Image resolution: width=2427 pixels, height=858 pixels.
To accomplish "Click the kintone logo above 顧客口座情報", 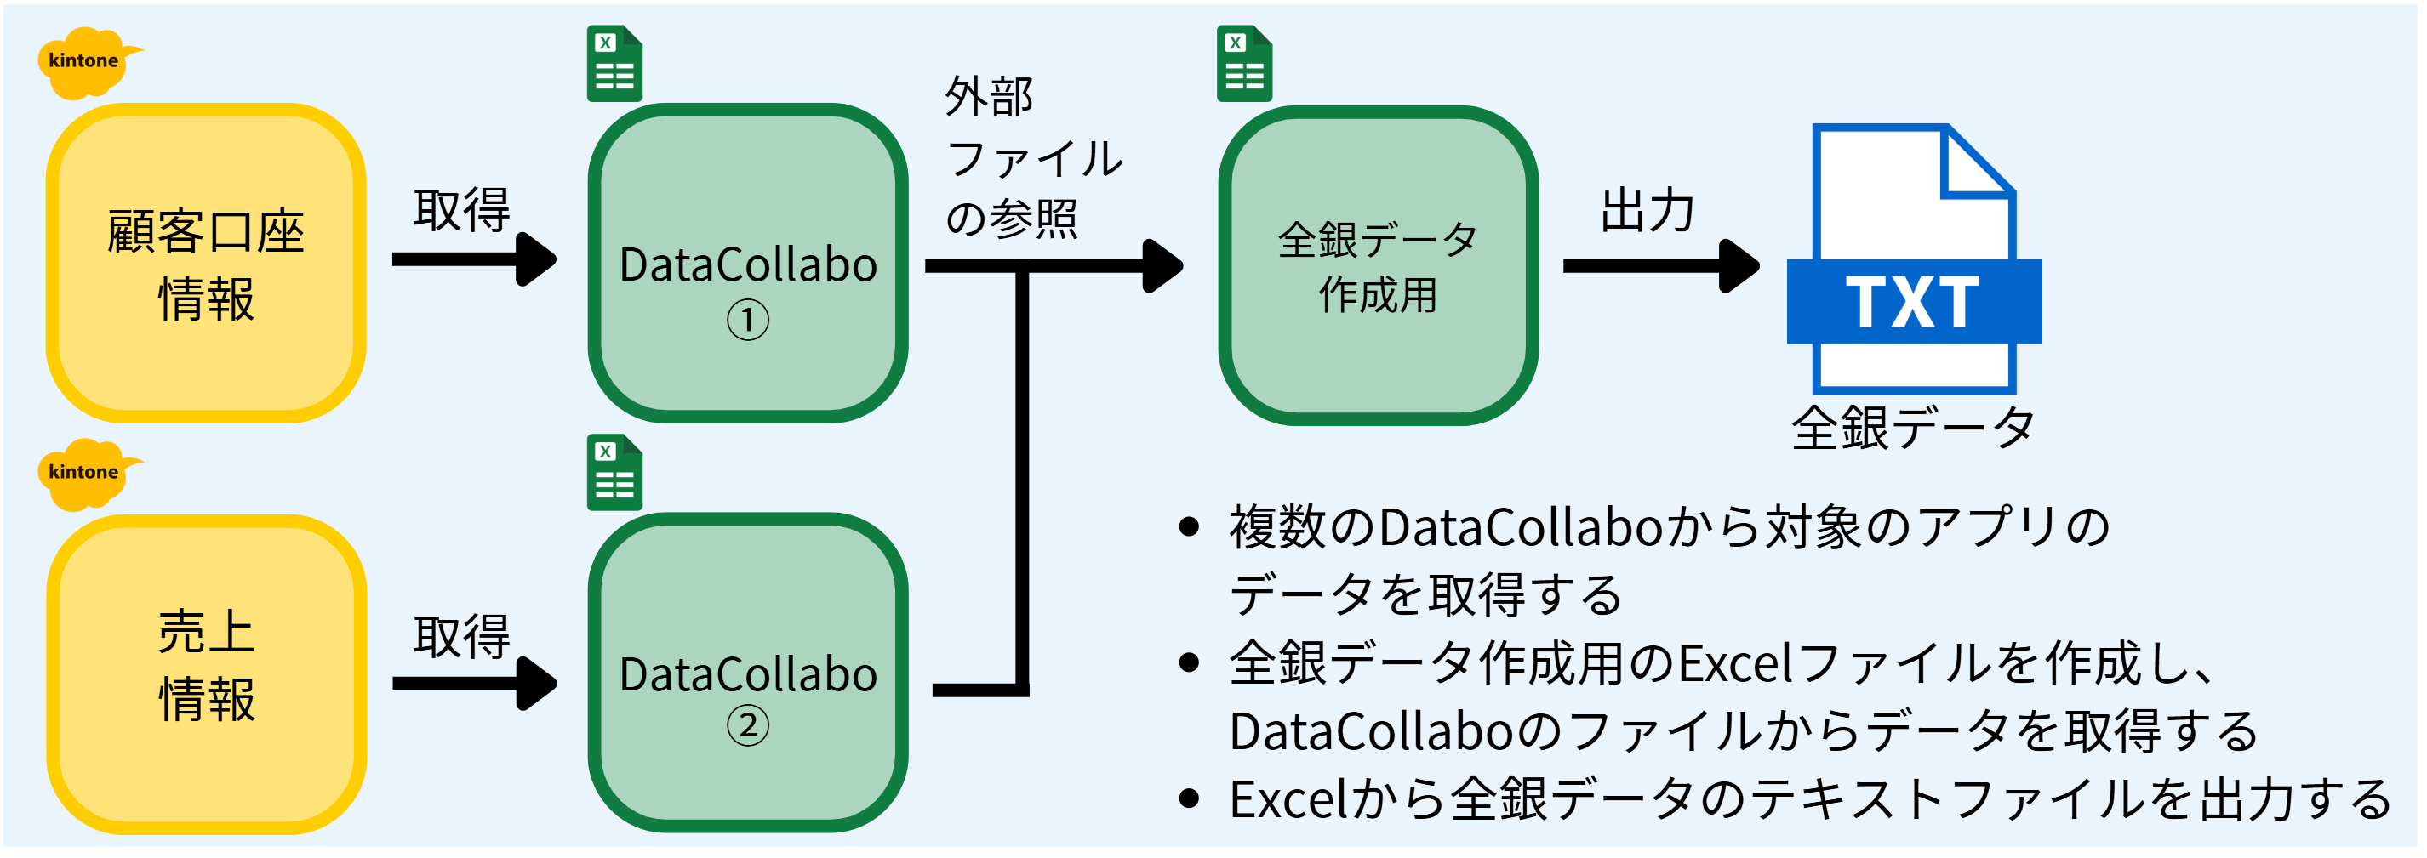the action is [88, 62].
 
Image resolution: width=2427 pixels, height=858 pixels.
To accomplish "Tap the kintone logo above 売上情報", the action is [88, 474].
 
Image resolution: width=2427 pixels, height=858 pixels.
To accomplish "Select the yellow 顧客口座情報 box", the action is [206, 264].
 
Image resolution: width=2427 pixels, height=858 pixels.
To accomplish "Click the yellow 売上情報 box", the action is [206, 674].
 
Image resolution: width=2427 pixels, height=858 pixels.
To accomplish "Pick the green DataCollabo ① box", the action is [748, 264].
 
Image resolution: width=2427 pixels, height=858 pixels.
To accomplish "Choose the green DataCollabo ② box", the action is [748, 673].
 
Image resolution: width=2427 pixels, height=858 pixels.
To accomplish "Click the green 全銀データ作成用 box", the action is [1379, 265].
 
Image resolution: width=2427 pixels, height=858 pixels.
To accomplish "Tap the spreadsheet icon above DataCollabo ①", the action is [614, 63].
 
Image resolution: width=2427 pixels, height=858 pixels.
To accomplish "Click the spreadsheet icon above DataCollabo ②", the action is [614, 472].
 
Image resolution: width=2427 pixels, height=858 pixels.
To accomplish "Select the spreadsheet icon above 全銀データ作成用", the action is [1245, 63].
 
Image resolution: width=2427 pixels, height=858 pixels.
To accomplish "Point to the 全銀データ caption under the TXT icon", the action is [1913, 428].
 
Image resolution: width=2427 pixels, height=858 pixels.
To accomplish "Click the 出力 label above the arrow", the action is [1648, 210].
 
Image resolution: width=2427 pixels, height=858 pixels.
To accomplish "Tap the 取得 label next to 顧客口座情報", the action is [461, 210].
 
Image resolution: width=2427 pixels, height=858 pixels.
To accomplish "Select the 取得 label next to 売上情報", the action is [461, 638].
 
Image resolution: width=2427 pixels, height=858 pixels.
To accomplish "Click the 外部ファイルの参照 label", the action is [1035, 157].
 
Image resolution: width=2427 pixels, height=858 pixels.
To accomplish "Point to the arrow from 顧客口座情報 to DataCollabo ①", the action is [475, 259].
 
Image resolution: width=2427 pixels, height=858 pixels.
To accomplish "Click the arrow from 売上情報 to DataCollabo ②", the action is [475, 684].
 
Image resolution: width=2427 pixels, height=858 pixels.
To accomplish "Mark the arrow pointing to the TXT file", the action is [1662, 266].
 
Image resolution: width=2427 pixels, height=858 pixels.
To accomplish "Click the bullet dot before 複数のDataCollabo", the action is [1189, 527].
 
